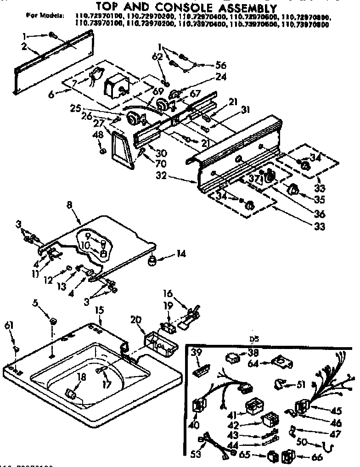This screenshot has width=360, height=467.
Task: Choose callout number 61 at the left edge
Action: [9, 326]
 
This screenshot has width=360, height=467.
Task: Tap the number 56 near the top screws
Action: [222, 65]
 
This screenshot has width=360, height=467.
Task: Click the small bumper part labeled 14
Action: [152, 261]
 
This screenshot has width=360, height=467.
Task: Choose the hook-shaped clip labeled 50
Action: [328, 445]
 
